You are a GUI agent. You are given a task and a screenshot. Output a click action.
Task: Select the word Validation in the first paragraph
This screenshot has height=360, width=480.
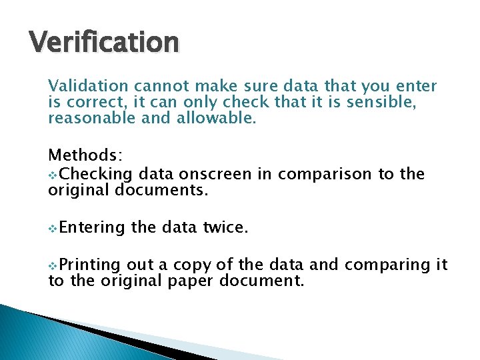(88, 86)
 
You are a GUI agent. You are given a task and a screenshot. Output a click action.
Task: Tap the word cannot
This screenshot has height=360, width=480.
(160, 86)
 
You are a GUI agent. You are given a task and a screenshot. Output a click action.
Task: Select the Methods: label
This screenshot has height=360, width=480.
(85, 155)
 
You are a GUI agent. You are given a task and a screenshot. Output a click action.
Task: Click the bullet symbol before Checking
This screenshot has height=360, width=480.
(53, 175)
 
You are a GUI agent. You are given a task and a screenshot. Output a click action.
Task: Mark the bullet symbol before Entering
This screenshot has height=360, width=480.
(53, 229)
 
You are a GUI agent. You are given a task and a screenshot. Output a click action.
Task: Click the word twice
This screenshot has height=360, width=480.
(226, 228)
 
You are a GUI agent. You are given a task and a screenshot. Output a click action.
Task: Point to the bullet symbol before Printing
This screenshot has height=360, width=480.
(53, 266)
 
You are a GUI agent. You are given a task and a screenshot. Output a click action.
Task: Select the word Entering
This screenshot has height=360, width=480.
(92, 228)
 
